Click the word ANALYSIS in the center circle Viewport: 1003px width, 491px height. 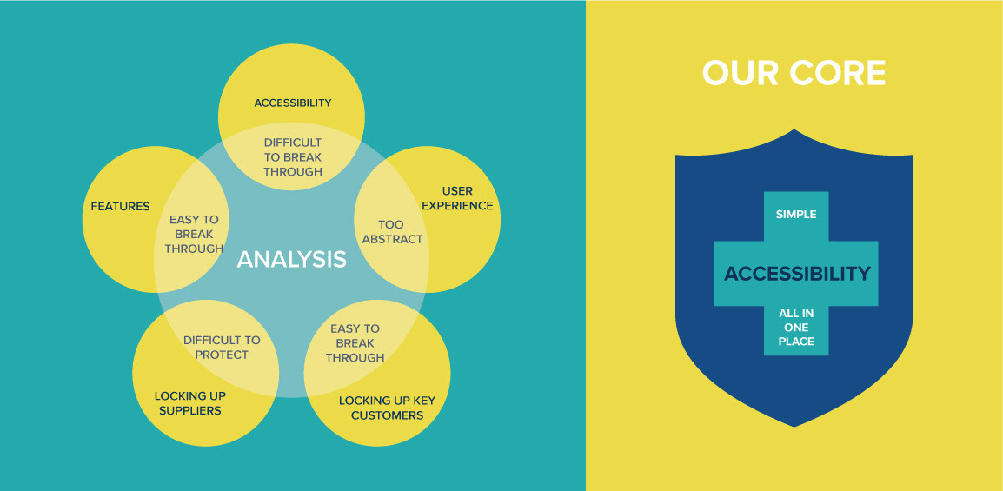(x=292, y=259)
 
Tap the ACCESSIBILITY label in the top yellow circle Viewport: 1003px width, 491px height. (x=293, y=103)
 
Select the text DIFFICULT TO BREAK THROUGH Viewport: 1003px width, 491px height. (x=293, y=157)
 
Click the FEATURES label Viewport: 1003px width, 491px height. (x=120, y=207)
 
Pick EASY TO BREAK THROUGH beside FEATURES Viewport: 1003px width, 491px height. (x=194, y=235)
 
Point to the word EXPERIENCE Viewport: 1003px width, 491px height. (x=457, y=206)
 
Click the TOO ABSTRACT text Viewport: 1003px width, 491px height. (x=392, y=232)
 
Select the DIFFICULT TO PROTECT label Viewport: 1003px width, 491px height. (x=222, y=348)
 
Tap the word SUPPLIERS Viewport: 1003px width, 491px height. (x=189, y=410)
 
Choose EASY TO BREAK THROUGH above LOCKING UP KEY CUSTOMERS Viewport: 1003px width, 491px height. (x=355, y=343)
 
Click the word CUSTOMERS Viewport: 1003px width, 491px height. (x=387, y=415)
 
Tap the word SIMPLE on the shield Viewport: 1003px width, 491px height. (x=796, y=214)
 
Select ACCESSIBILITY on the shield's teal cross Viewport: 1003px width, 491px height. (x=797, y=274)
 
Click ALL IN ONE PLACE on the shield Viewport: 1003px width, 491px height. (x=796, y=328)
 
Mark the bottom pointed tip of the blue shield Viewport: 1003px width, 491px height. (x=794, y=425)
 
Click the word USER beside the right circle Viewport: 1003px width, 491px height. (x=457, y=191)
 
